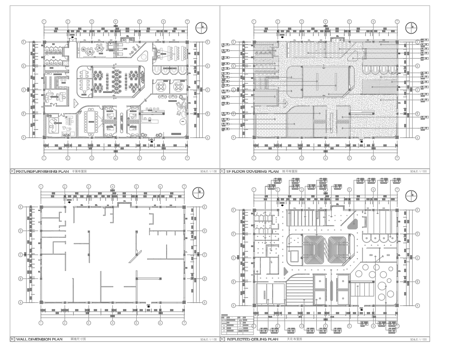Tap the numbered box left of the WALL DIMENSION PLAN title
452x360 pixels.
[12, 339]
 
